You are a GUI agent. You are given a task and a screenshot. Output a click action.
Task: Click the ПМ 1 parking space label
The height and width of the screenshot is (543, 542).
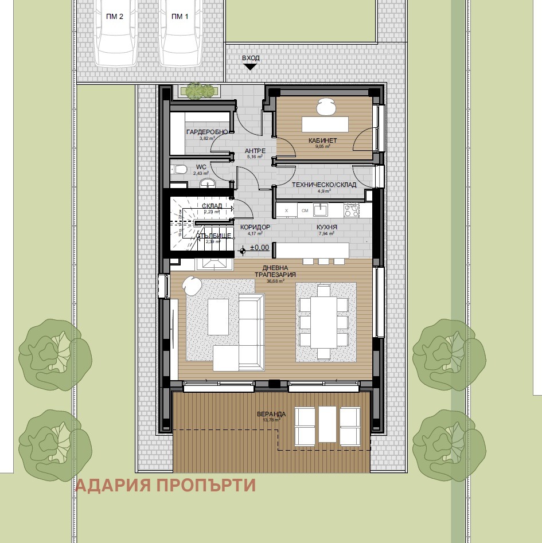point(180,17)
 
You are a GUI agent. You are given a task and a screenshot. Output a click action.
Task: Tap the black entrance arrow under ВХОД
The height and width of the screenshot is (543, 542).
point(250,67)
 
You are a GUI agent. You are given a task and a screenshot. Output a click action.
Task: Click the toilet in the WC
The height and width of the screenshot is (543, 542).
point(180,169)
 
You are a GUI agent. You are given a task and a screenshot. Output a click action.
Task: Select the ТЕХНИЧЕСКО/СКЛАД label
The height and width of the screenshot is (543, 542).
point(324,185)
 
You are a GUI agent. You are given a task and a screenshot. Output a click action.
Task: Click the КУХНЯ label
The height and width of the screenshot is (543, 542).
point(326,227)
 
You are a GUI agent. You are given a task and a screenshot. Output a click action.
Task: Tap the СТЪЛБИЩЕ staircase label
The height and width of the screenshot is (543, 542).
point(213,236)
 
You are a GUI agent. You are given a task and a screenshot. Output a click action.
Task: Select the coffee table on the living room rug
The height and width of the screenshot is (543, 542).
point(218,317)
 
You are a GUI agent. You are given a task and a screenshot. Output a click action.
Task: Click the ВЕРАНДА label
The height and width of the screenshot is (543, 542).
point(271,414)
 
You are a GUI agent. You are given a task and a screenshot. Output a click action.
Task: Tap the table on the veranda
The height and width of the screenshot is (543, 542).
point(327,424)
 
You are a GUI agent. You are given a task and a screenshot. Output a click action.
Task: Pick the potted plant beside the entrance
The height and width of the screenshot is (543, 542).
point(200,90)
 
